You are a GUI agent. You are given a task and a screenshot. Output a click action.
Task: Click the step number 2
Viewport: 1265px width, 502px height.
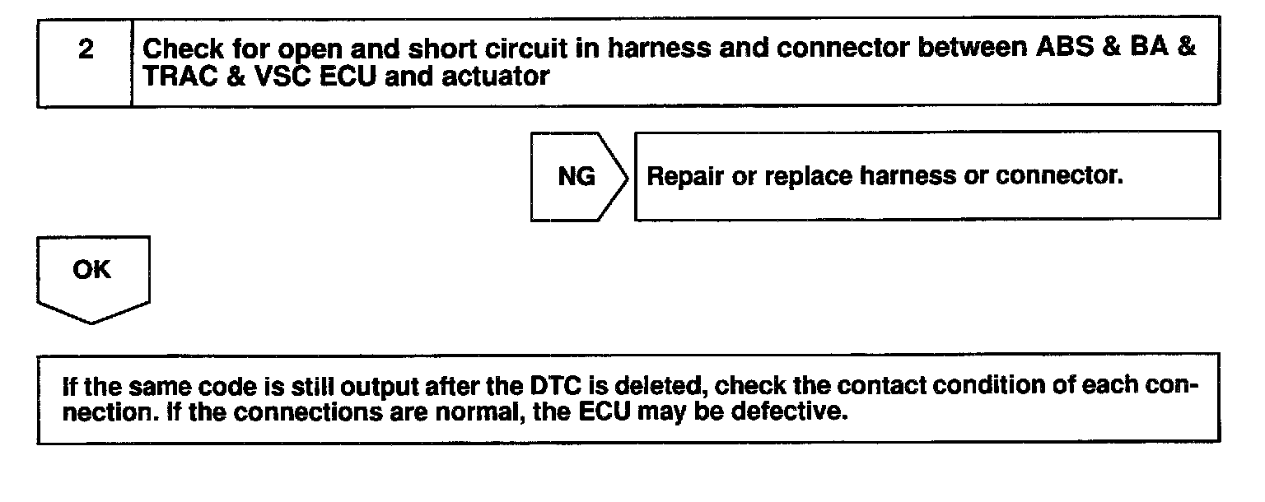pyautogui.click(x=85, y=49)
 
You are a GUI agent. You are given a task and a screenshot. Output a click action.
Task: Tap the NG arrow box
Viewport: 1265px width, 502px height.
pyautogui.click(x=576, y=176)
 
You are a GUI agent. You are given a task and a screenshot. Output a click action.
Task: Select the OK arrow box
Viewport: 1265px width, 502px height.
pyautogui.click(x=92, y=271)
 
